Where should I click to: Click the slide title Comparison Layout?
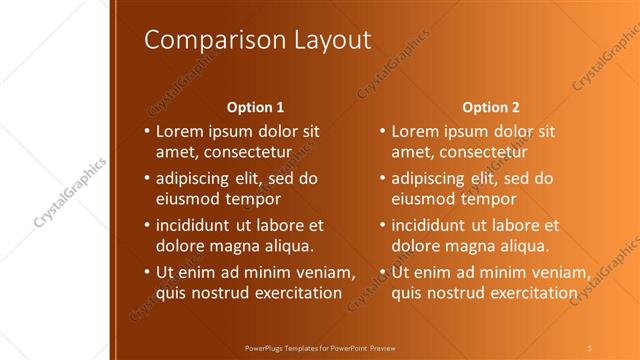click(257, 39)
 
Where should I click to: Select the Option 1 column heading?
click(255, 106)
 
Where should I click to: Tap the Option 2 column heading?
click(491, 106)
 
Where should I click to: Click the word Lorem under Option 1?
click(182, 131)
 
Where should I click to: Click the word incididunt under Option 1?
click(197, 225)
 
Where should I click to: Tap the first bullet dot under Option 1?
click(147, 131)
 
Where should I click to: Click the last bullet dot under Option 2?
click(383, 273)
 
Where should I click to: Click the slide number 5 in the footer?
click(590, 348)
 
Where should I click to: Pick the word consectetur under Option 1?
click(246, 151)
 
